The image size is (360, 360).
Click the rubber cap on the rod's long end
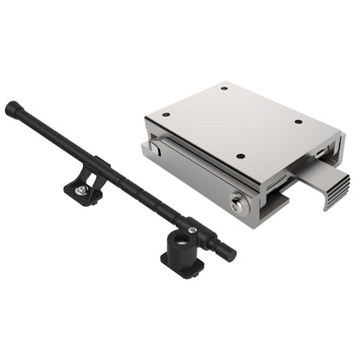11,108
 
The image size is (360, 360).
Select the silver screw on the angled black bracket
80,190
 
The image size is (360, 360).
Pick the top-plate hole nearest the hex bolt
240,157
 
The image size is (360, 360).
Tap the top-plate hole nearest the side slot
299,122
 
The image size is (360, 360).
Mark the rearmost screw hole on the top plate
225,87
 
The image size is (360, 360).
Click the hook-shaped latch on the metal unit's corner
153,148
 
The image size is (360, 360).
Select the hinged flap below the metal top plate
195,173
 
